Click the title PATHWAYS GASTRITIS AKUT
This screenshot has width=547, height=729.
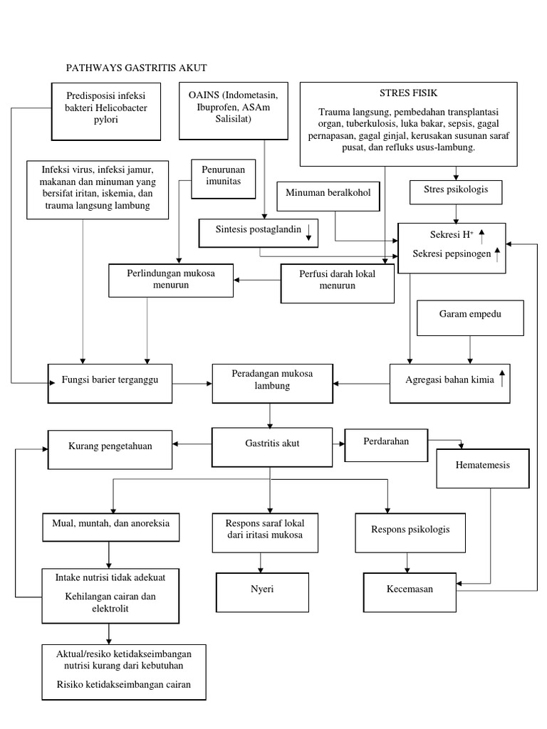point(136,68)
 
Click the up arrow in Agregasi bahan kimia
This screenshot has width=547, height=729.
point(501,378)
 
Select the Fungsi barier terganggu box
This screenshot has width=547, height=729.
point(110,383)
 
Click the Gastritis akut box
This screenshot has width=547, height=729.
point(271,446)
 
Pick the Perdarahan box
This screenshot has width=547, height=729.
point(385,444)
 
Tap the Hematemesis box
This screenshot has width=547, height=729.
point(482,468)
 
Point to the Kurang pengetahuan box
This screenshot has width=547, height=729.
point(110,449)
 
